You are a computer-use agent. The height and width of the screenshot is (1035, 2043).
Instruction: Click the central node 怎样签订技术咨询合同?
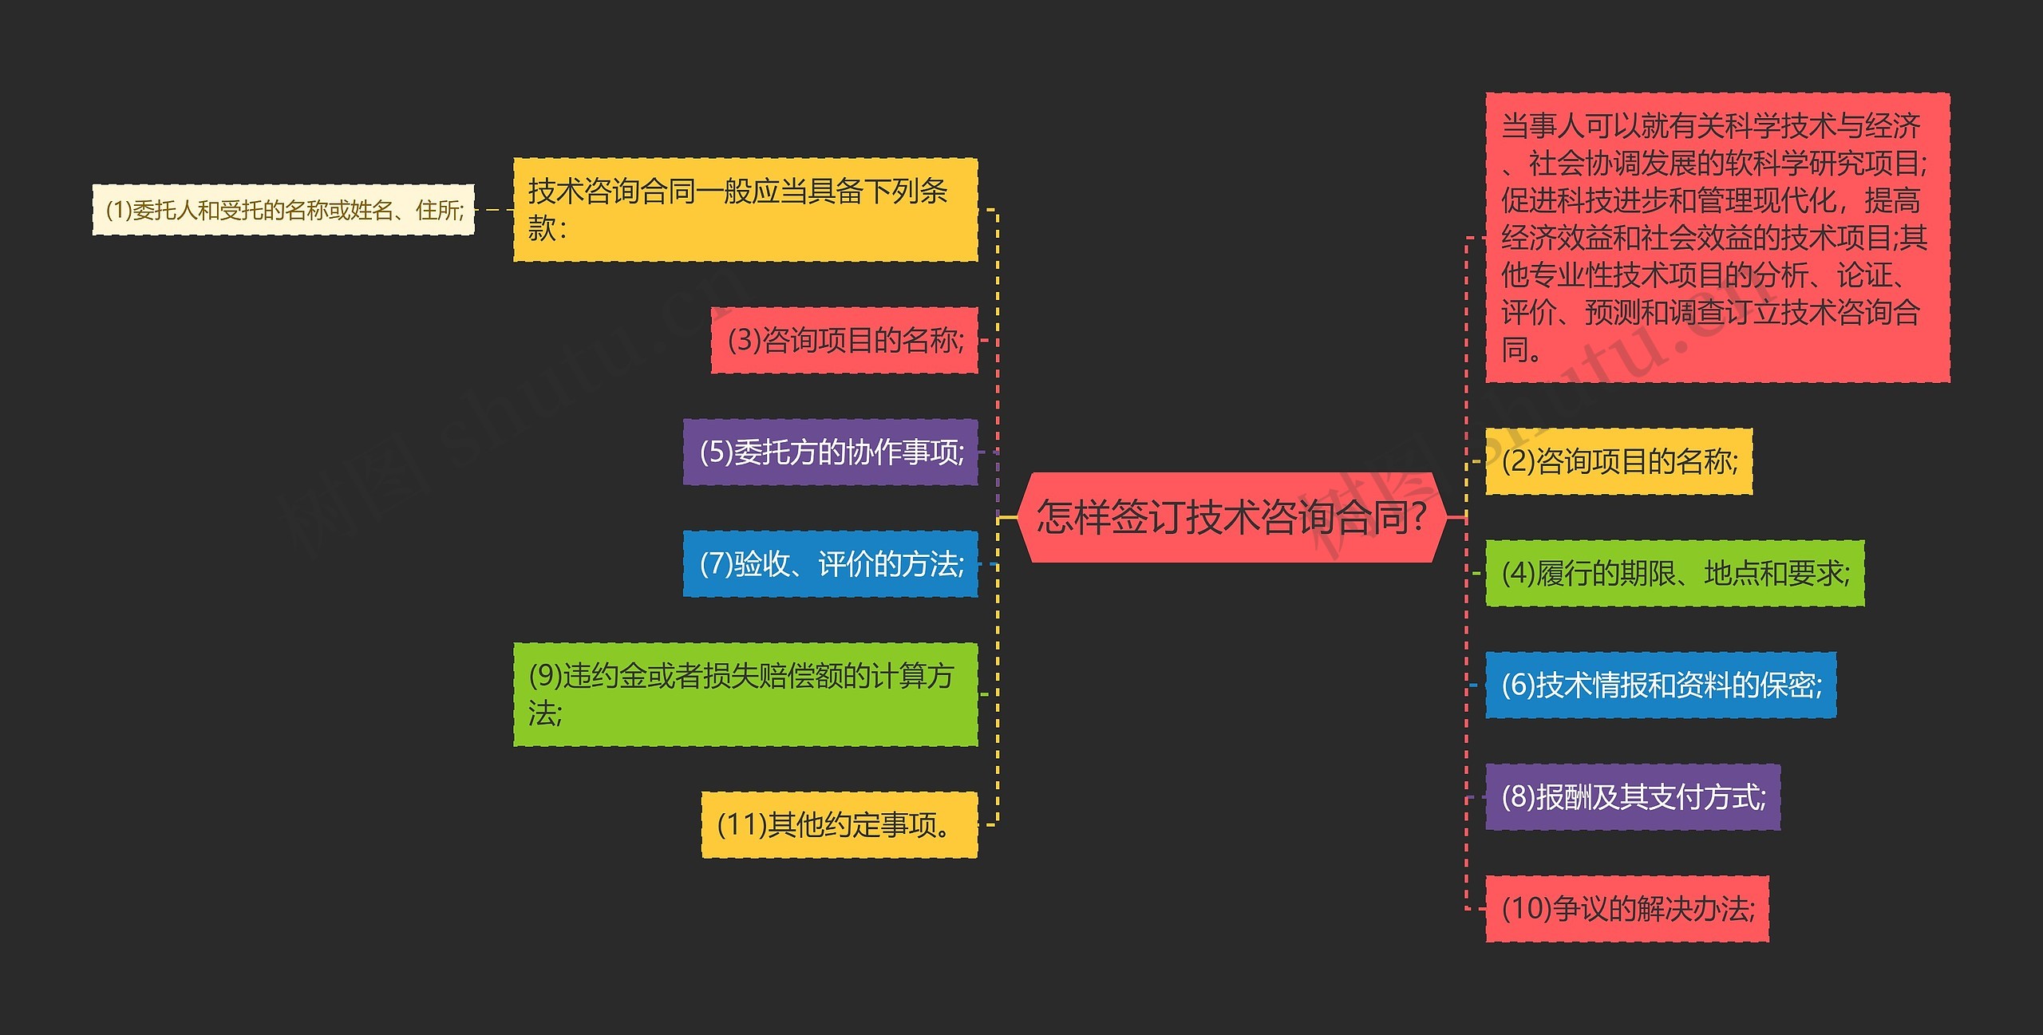click(1231, 517)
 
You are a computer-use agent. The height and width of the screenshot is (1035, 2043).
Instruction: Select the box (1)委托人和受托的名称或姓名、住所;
click(283, 210)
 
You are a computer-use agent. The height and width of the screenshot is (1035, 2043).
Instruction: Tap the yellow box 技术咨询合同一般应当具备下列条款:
click(745, 210)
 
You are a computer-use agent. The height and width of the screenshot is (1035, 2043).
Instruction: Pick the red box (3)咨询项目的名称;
click(844, 340)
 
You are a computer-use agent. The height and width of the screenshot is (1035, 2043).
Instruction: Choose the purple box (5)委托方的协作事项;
click(830, 452)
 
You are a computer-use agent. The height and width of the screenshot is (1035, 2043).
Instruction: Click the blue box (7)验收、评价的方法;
click(830, 564)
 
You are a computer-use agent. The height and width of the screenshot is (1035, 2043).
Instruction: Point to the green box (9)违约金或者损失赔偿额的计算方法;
click(745, 694)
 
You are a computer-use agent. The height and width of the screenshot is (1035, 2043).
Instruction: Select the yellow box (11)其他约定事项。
click(839, 824)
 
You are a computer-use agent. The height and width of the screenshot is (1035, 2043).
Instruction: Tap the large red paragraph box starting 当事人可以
click(1717, 237)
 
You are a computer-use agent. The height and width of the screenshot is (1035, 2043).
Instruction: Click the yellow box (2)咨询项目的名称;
click(1618, 461)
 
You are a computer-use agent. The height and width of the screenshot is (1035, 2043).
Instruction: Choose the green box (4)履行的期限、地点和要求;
click(1674, 573)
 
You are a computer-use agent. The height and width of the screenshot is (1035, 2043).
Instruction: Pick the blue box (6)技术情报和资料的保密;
click(1660, 685)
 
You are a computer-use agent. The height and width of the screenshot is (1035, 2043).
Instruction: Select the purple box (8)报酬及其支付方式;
click(1632, 796)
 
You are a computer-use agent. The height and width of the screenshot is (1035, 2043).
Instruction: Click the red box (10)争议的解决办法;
click(1626, 908)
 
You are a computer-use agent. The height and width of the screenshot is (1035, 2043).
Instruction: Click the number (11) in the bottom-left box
click(741, 824)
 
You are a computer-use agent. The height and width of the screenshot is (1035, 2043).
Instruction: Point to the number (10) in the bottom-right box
click(1526, 908)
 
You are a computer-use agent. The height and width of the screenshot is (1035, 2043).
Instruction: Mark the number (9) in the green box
click(545, 676)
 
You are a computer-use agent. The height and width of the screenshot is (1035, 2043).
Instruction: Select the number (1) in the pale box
click(118, 210)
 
